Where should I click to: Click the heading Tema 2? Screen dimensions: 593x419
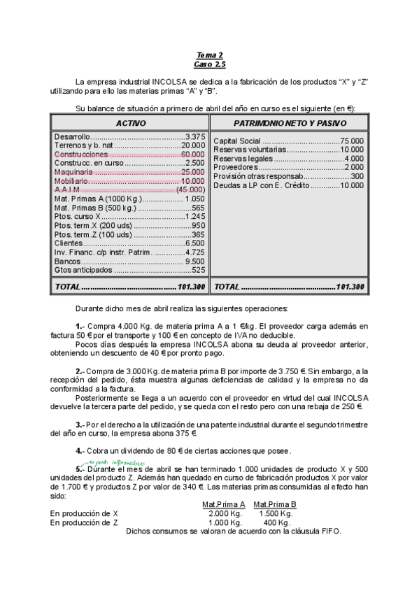pos(209,55)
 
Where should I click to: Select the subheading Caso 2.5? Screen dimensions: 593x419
pos(209,64)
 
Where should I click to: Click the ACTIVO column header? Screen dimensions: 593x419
pos(130,123)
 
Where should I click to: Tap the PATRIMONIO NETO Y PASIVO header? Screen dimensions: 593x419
pos(289,123)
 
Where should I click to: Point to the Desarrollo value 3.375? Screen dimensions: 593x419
pos(195,136)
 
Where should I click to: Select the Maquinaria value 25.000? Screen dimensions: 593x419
pos(192,171)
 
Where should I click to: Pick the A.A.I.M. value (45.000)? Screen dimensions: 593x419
pos(190,190)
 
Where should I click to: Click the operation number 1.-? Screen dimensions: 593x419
pos(80,326)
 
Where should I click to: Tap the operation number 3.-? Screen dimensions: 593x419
pos(80,423)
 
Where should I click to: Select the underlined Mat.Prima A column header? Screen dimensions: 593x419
pos(223,504)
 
